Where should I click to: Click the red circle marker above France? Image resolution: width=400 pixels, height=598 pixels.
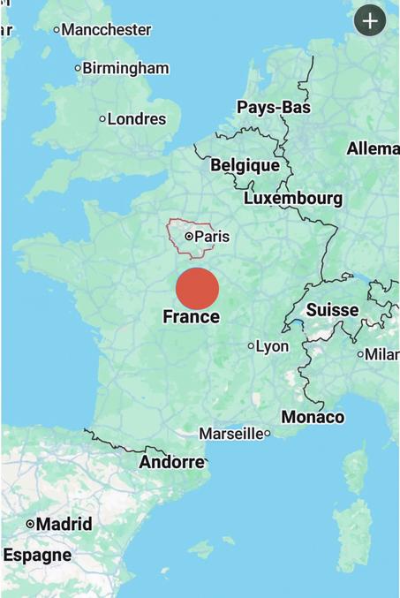[x=197, y=289]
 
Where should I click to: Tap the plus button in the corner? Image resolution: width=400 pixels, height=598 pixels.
[x=369, y=20]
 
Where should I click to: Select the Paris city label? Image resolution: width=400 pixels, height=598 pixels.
[x=212, y=237]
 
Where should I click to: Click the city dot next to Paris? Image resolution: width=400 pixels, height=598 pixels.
[x=189, y=237]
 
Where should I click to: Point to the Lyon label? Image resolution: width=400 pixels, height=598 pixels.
[x=272, y=346]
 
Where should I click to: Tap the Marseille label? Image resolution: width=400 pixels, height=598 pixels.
[x=230, y=434]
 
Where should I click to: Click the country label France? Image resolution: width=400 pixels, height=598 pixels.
[x=192, y=317]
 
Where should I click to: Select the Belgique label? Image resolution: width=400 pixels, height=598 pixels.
[x=245, y=165]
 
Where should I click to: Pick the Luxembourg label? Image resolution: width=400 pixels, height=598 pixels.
[x=293, y=199]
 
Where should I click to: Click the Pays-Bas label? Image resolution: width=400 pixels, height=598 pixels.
[x=274, y=108]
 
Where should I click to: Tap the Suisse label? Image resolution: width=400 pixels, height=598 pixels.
[x=332, y=310]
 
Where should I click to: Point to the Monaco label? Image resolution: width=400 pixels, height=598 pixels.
[x=313, y=417]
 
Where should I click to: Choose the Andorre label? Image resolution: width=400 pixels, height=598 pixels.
[x=171, y=462]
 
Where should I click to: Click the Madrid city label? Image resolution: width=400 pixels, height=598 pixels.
[x=64, y=524]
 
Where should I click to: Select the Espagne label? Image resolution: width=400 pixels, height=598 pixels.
[x=37, y=556]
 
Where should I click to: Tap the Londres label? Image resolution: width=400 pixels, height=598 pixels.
[x=136, y=118]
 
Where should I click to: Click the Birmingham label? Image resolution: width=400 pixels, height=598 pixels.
[x=125, y=68]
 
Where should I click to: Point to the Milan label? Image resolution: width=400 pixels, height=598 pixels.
[x=381, y=354]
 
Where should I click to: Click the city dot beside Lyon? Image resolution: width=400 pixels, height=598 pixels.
[x=251, y=346]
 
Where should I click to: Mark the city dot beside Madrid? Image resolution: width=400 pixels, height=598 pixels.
[x=30, y=524]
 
